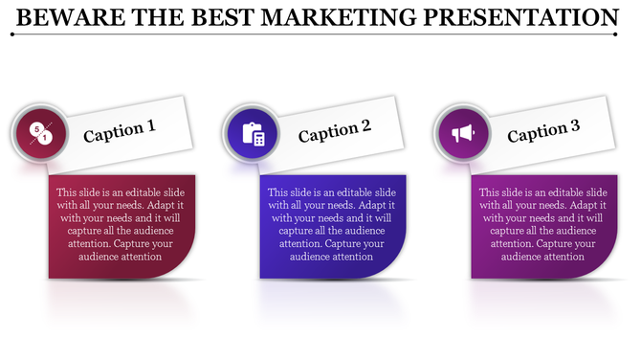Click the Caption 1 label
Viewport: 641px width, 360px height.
coord(120,131)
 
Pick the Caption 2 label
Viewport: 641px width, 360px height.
coord(334,131)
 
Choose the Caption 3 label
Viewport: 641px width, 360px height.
coord(543,131)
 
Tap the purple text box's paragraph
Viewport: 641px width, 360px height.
coord(542,224)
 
